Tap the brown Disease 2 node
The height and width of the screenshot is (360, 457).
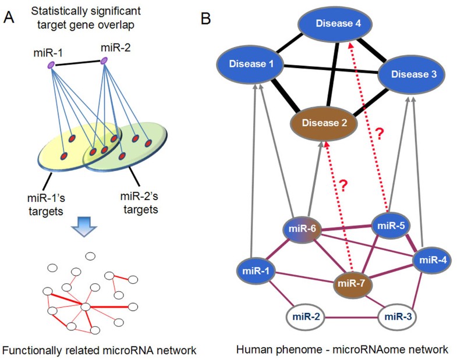point(324,123)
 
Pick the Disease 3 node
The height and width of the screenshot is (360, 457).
point(412,74)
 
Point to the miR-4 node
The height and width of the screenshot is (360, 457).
point(432,261)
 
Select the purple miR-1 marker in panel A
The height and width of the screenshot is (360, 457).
point(51,65)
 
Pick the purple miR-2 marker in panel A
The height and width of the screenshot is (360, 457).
point(104,61)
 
